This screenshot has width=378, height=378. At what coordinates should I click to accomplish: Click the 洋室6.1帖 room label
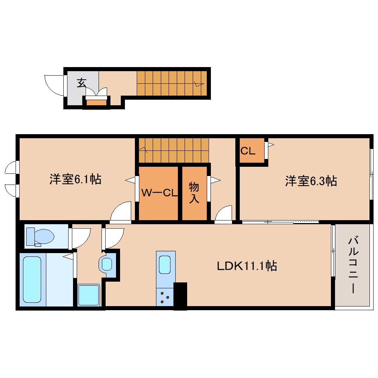pyautogui.click(x=76, y=179)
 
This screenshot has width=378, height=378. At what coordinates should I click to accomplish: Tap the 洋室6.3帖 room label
pyautogui.click(x=311, y=181)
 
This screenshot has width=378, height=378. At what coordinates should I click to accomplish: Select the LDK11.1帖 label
pyautogui.click(x=247, y=266)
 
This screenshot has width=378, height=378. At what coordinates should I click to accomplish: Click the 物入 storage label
pyautogui.click(x=194, y=193)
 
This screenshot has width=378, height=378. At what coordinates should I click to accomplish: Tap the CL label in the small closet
pyautogui.click(x=248, y=151)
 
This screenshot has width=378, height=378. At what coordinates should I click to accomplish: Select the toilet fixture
pyautogui.click(x=40, y=236)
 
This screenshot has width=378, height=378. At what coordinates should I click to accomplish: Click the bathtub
pyautogui.click(x=32, y=279)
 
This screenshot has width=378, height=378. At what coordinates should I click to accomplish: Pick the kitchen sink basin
pyautogui.click(x=165, y=265)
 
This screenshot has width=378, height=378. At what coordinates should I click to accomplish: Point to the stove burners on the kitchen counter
pyautogui.click(x=165, y=297)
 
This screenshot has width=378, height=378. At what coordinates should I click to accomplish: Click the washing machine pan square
pyautogui.click(x=89, y=295)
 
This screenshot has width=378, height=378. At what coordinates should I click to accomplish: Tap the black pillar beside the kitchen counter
pyautogui.click(x=180, y=296)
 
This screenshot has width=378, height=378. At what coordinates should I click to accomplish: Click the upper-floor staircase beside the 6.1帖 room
pyautogui.click(x=173, y=150)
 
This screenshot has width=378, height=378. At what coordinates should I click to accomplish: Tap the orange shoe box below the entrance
pyautogui.click(x=96, y=103)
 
